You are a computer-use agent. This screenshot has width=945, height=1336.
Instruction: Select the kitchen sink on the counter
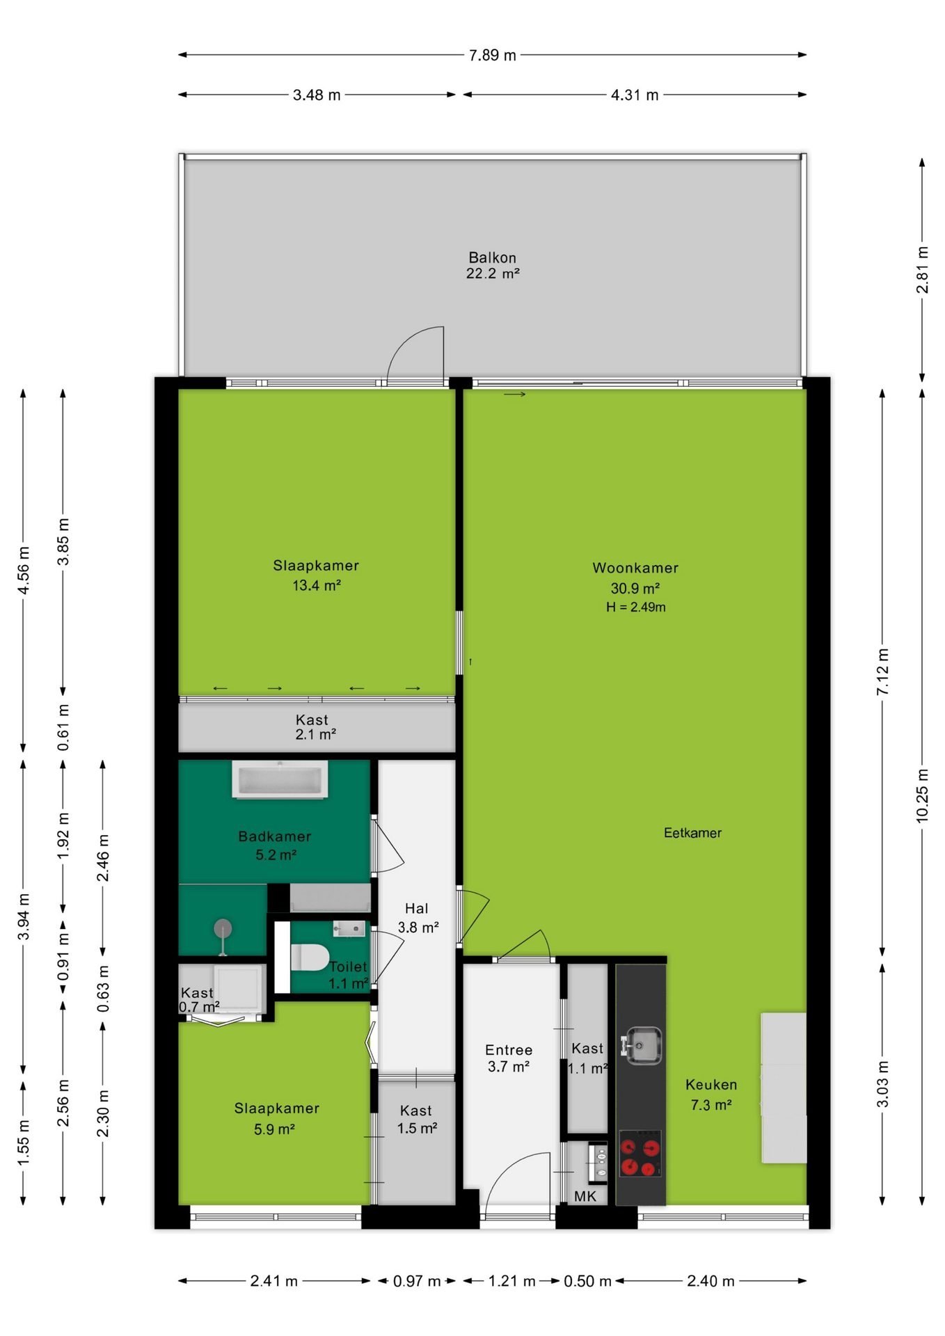[x=642, y=1046]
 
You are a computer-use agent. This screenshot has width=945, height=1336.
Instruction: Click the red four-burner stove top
[x=640, y=1153]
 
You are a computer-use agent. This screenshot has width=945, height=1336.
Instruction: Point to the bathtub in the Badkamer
[x=280, y=779]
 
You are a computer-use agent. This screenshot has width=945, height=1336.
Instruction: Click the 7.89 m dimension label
[x=493, y=56]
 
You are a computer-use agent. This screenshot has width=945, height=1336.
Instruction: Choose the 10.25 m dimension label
[x=922, y=795]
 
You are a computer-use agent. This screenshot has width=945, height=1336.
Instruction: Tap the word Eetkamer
[x=692, y=833]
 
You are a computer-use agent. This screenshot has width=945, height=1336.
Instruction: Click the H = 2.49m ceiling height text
[x=635, y=607]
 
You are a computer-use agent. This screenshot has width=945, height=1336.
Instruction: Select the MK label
[x=585, y=1196]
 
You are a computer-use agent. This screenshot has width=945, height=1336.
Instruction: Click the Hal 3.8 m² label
[x=418, y=918]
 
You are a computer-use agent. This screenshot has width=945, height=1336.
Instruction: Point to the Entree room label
[x=509, y=1050]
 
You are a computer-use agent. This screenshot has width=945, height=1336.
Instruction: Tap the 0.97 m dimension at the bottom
[x=417, y=1281]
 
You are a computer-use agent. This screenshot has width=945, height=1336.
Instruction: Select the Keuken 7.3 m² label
[x=711, y=1095]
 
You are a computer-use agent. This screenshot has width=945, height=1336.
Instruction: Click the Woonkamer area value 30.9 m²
[x=635, y=588]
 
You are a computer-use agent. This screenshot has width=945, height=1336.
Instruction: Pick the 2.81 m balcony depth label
[x=922, y=270]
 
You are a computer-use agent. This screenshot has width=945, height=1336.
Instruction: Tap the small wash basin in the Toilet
[x=349, y=928]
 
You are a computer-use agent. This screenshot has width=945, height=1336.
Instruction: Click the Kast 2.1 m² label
[x=315, y=727]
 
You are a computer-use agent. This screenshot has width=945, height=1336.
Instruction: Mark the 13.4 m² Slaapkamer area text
[x=316, y=585]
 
